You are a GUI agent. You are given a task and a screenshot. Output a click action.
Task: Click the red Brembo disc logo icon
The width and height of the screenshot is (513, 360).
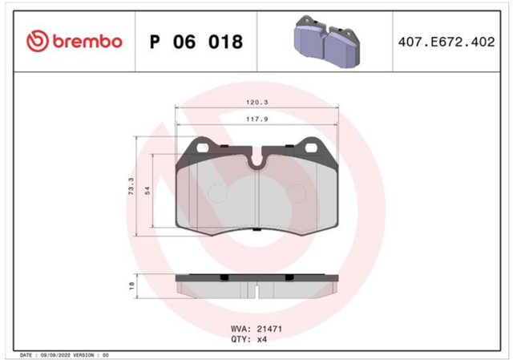coord(38,41)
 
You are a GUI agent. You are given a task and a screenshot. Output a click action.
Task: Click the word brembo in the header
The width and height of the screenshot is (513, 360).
coord(87,42)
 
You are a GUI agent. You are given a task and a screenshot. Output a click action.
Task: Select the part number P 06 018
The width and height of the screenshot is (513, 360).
coord(196,42)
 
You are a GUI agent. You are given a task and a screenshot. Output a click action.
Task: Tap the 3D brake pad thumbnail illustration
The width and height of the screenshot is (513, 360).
coord(327,42)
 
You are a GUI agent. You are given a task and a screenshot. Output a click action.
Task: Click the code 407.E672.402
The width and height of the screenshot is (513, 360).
coord(446,42)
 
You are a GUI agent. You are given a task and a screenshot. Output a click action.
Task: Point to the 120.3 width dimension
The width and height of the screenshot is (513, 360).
coord(256,103)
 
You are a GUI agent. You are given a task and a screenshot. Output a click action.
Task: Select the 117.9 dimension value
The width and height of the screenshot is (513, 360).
coord(256,119)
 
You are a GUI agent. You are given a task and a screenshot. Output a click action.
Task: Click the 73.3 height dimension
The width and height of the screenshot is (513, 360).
coord(131,187)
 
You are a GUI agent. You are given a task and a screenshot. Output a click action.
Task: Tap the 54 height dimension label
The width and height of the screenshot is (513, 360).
coord(147,191)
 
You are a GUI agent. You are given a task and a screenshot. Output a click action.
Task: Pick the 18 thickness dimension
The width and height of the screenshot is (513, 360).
coord(131,285)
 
